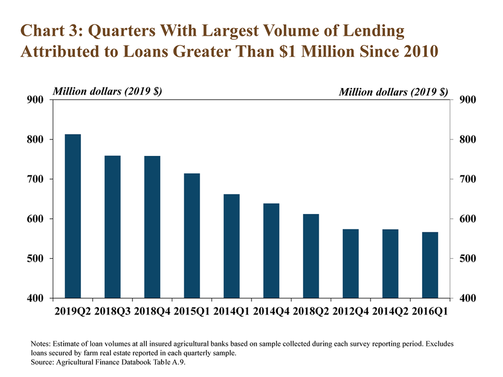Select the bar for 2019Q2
(x=73, y=216)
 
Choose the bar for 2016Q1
(x=430, y=265)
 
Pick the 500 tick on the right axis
(x=468, y=259)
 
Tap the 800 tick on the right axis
(x=468, y=140)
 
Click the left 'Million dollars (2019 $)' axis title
(x=107, y=91)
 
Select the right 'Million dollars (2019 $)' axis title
(x=393, y=92)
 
